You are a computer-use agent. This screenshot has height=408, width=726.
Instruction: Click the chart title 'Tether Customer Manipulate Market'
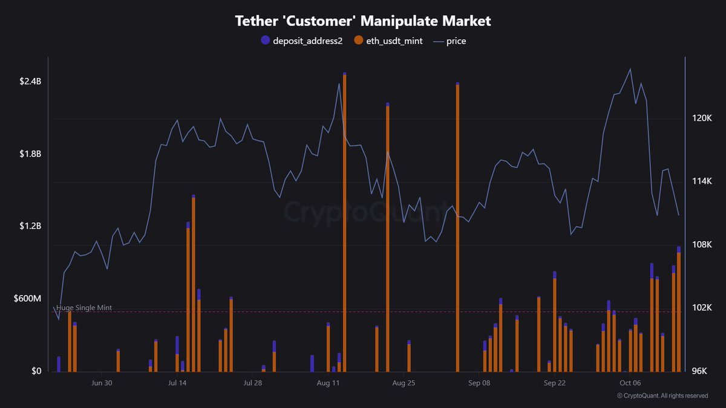pyautogui.click(x=363, y=21)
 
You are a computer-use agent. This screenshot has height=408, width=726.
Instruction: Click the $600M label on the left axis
pyautogui.click(x=27, y=299)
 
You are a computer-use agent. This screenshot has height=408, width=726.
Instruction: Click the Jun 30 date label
pyautogui.click(x=101, y=383)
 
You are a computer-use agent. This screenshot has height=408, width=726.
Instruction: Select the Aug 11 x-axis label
pyautogui.click(x=328, y=383)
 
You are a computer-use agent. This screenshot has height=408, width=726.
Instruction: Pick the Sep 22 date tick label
pyautogui.click(x=554, y=383)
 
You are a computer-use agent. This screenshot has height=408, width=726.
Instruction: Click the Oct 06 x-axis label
pyautogui.click(x=630, y=383)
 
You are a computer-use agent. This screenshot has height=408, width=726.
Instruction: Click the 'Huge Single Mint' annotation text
pyautogui.click(x=83, y=308)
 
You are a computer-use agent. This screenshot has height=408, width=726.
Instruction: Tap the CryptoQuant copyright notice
pyautogui.click(x=662, y=396)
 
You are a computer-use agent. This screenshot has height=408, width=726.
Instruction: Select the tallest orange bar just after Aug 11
pyautogui.click(x=344, y=224)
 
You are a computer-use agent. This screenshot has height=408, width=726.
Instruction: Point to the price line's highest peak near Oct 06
pyautogui.click(x=630, y=69)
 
